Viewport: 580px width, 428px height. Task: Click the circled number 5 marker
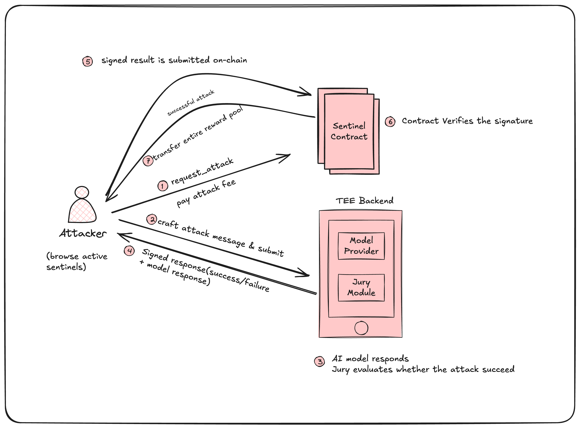(87, 61)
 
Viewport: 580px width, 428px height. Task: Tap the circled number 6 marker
(390, 122)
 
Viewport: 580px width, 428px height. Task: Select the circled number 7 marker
(148, 161)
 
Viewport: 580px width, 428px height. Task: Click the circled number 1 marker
(162, 186)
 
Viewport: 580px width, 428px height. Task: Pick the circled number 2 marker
(152, 220)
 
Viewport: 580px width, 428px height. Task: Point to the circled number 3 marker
(319, 361)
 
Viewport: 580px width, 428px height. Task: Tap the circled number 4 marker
(129, 250)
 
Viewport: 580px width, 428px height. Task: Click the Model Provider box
(361, 246)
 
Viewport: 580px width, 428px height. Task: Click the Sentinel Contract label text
(349, 131)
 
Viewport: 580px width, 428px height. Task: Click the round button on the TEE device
(361, 328)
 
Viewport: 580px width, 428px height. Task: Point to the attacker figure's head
(82, 192)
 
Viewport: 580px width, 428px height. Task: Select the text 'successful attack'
(191, 103)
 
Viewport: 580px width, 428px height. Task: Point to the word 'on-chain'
(230, 60)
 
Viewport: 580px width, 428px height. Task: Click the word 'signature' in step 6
(514, 121)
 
